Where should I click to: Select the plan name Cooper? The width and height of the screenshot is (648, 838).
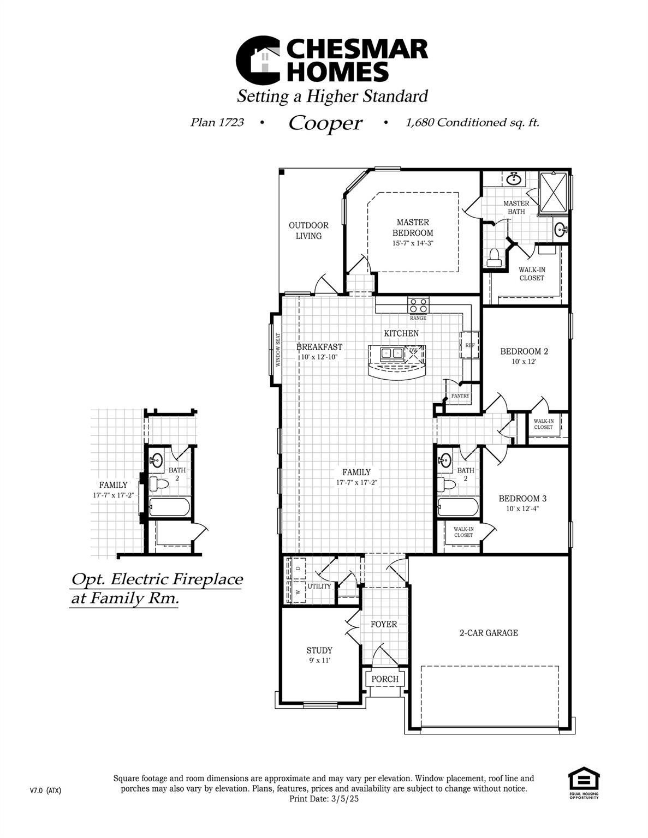click(325, 123)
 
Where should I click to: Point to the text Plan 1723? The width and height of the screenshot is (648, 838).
click(217, 122)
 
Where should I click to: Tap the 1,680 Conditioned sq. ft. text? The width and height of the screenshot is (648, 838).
click(472, 122)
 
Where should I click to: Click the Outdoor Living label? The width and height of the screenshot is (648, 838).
click(308, 230)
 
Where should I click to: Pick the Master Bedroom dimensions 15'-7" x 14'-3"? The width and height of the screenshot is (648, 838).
click(413, 243)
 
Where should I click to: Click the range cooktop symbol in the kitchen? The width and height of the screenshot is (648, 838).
click(419, 305)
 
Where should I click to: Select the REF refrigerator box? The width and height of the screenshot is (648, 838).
click(469, 345)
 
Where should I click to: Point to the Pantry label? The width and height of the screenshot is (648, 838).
click(460, 396)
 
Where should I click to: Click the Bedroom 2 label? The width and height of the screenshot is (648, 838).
click(524, 351)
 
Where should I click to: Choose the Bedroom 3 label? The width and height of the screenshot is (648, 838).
click(522, 498)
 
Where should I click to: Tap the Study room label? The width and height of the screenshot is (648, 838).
click(319, 650)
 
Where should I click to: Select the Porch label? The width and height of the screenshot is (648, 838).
click(385, 679)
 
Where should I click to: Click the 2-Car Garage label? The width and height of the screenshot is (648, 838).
click(489, 633)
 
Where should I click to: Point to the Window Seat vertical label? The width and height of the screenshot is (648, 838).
click(277, 350)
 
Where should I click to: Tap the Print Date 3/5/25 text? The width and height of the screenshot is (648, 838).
click(324, 799)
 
